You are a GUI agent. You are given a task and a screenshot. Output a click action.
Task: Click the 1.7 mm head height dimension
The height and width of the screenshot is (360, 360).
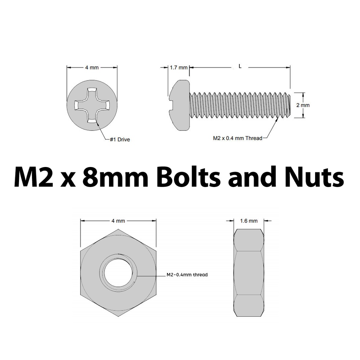point(179,67)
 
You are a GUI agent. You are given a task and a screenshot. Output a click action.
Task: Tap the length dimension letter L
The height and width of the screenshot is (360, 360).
point(240,66)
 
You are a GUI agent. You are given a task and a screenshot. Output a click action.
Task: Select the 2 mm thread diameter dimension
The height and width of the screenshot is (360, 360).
point(303,105)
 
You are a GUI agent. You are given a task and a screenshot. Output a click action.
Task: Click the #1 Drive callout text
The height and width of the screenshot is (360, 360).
point(120,140)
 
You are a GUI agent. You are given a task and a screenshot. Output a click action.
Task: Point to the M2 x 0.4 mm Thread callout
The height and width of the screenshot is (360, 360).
point(238,138)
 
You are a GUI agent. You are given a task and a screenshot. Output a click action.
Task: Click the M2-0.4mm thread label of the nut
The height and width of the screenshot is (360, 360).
point(187,275)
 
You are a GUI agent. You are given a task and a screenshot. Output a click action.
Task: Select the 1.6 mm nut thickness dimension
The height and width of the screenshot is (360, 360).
point(249,221)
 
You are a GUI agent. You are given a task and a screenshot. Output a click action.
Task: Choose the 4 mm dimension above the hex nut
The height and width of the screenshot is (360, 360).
point(118,221)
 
